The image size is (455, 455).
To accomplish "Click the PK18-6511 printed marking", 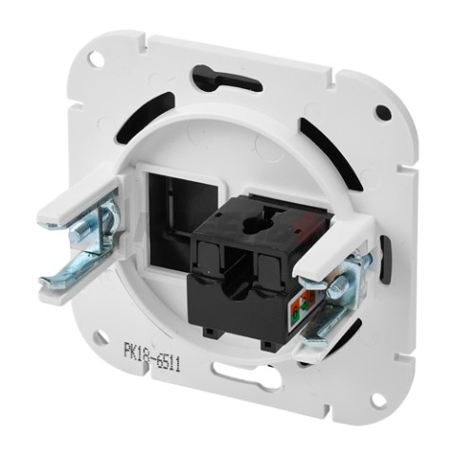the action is tap(152, 355).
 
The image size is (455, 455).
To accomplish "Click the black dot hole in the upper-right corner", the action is tap(383, 112).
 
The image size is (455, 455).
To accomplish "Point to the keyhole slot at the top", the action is tap(227, 78).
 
